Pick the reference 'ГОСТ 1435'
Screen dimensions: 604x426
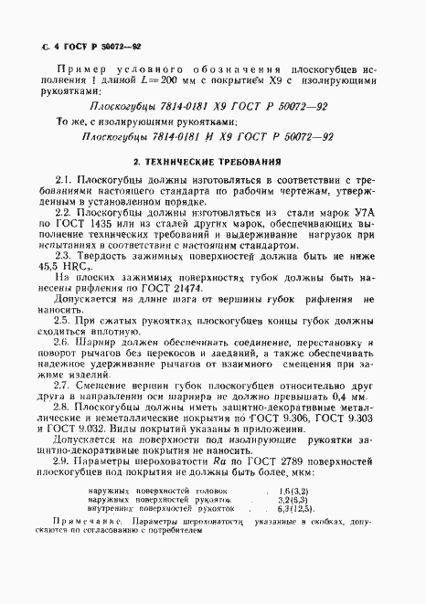(111, 249)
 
